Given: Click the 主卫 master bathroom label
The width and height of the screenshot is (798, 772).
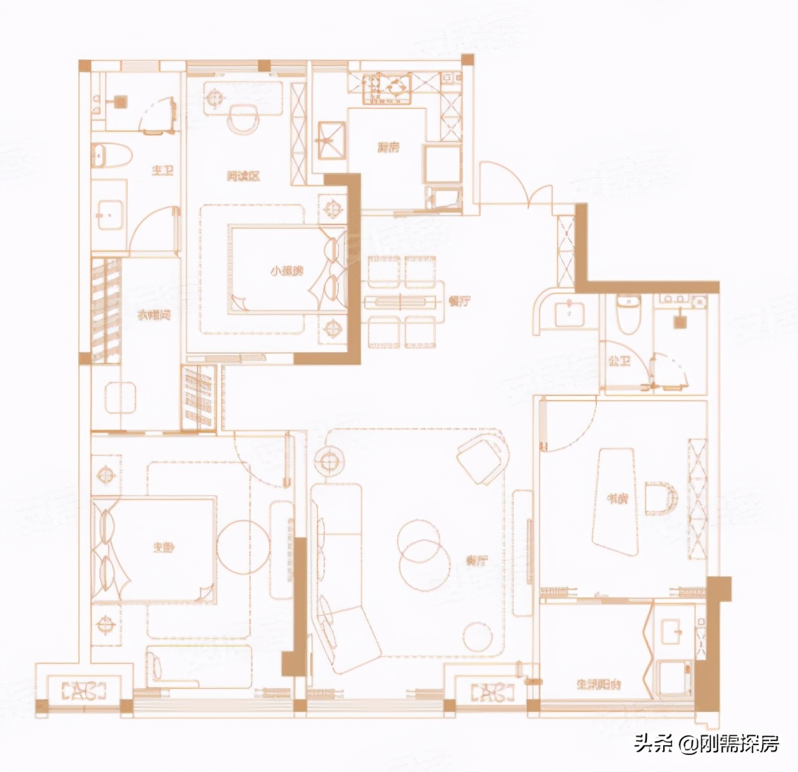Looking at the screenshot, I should (162, 171).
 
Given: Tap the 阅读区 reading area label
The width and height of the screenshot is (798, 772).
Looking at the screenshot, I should (243, 176).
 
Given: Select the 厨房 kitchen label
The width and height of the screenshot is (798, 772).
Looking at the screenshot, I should (388, 147).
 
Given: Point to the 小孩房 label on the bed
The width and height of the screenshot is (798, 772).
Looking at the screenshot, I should (287, 270).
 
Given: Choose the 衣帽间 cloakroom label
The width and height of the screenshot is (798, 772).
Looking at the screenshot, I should (153, 315).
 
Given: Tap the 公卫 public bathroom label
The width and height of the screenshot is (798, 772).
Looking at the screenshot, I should (619, 361).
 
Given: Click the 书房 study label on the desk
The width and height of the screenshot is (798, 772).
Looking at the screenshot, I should (617, 499).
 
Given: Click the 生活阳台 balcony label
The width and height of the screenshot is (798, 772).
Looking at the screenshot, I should (598, 684).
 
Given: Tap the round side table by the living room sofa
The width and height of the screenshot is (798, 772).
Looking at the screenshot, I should (328, 463).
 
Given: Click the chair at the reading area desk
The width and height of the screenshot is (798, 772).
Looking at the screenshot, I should (244, 119).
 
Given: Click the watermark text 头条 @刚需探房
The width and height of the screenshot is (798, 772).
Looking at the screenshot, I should (706, 743).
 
